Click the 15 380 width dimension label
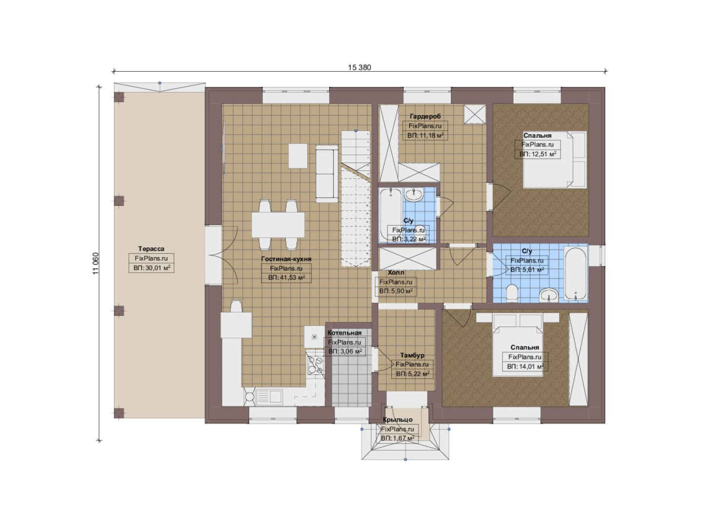point(359,67)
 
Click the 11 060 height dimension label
point(96,263)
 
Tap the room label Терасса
point(151,249)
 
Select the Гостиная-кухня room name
point(286,259)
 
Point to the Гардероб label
point(425,116)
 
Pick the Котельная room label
point(344,333)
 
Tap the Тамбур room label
point(412,355)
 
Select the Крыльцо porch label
point(398,420)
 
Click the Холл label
point(396,273)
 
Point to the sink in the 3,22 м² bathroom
point(414,195)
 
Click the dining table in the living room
point(278,225)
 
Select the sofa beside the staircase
point(327,174)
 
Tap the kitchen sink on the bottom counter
point(269,396)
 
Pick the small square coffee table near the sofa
point(298,156)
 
